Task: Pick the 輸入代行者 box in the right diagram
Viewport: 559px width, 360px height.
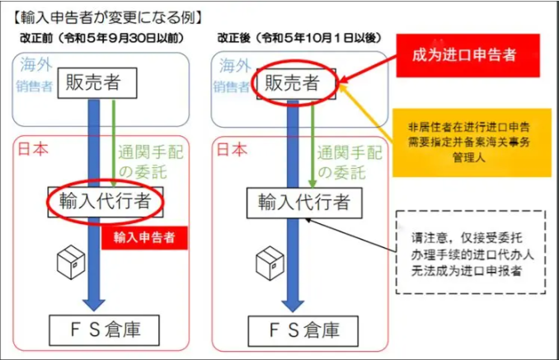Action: [x=304, y=200]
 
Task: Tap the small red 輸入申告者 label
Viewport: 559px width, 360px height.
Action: [x=145, y=238]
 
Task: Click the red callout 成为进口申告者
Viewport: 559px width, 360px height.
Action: [x=464, y=55]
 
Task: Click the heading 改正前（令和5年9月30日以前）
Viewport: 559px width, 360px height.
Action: [x=98, y=38]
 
